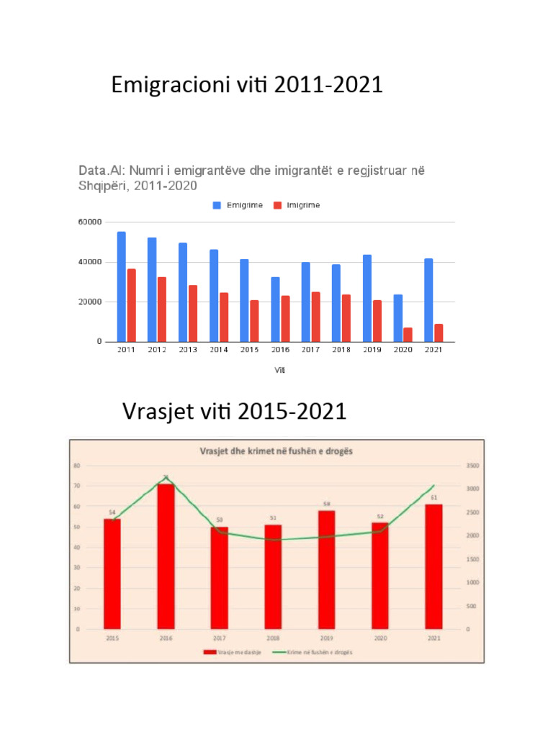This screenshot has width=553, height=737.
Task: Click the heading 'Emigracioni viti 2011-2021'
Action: (x=247, y=86)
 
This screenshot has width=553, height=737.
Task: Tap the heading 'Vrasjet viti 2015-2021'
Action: (x=235, y=412)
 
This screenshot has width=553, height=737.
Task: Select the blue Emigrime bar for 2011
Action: (x=121, y=286)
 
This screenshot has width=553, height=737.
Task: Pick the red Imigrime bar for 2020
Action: (x=408, y=335)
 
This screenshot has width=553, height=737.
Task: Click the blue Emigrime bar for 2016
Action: (x=275, y=309)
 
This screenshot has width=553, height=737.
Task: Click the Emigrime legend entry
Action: (x=238, y=205)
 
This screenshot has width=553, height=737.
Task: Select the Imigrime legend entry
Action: (x=297, y=205)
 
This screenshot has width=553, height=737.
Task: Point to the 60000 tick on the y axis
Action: (x=89, y=222)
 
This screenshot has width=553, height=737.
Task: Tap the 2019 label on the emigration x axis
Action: (x=372, y=350)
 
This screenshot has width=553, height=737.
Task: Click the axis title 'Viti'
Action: (x=279, y=371)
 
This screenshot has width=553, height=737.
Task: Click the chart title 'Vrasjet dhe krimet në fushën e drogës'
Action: (x=280, y=451)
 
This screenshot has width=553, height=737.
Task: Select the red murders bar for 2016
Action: (x=166, y=556)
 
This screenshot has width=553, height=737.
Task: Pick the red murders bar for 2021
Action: (x=433, y=566)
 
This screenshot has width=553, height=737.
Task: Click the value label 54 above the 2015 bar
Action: (x=112, y=512)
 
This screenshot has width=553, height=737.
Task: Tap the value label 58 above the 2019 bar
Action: (x=326, y=504)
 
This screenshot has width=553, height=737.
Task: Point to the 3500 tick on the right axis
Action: (x=472, y=466)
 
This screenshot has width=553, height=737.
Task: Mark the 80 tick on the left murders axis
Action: (x=76, y=466)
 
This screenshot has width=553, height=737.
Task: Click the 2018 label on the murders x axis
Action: (x=273, y=638)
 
